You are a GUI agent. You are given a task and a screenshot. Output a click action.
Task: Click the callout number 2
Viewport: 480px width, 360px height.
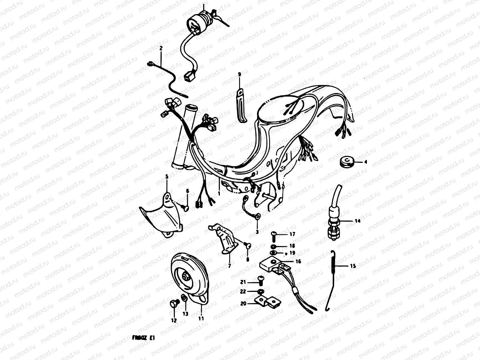(x=161, y=48)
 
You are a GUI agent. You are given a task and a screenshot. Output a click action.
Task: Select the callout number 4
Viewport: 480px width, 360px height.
(x=366, y=162)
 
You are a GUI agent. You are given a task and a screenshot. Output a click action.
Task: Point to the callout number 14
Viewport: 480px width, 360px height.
(x=357, y=221)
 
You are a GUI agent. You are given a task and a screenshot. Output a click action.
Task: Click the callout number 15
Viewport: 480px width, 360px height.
(x=353, y=265)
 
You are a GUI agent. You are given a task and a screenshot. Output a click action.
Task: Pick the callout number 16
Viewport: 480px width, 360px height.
(x=298, y=261)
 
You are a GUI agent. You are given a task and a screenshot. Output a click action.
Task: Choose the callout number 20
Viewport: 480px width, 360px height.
(x=243, y=304)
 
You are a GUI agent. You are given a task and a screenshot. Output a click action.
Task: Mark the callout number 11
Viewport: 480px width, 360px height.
(x=201, y=319)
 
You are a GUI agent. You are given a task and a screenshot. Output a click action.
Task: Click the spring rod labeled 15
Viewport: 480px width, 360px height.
(x=331, y=279)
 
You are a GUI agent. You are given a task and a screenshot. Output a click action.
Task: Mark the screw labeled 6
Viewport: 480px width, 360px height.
(x=185, y=207)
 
